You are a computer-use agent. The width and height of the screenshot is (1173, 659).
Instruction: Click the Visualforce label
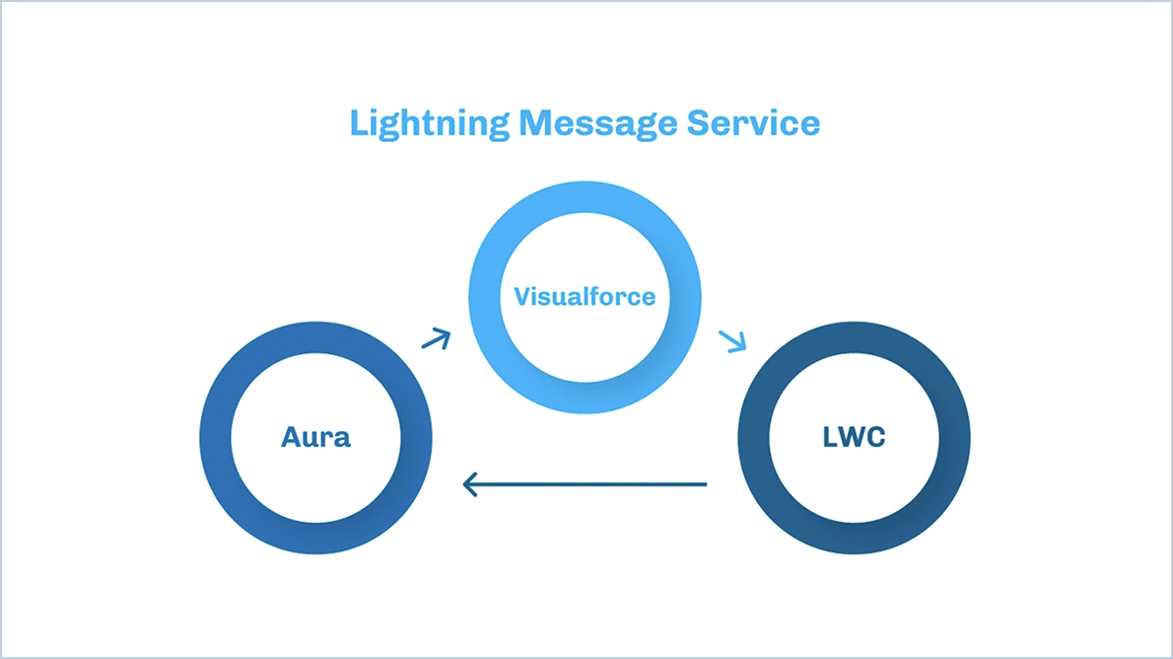point(585,296)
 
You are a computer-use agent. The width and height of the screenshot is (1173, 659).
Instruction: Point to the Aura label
point(315,437)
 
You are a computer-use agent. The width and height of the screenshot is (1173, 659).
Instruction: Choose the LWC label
point(854,437)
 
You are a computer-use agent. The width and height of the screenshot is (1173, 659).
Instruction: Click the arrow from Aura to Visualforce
point(436,339)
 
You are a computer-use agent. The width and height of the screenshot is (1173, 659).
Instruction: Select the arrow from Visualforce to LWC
point(732,341)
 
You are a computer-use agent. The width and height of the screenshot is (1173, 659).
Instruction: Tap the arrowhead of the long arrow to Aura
point(470,484)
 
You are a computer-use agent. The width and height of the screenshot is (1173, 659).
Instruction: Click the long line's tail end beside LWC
point(704,484)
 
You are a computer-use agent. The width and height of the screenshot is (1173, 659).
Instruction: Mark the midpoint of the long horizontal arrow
point(586,484)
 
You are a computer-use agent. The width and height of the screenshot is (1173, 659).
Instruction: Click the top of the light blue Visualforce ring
point(585,194)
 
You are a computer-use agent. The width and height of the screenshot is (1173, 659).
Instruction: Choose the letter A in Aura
point(291,437)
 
